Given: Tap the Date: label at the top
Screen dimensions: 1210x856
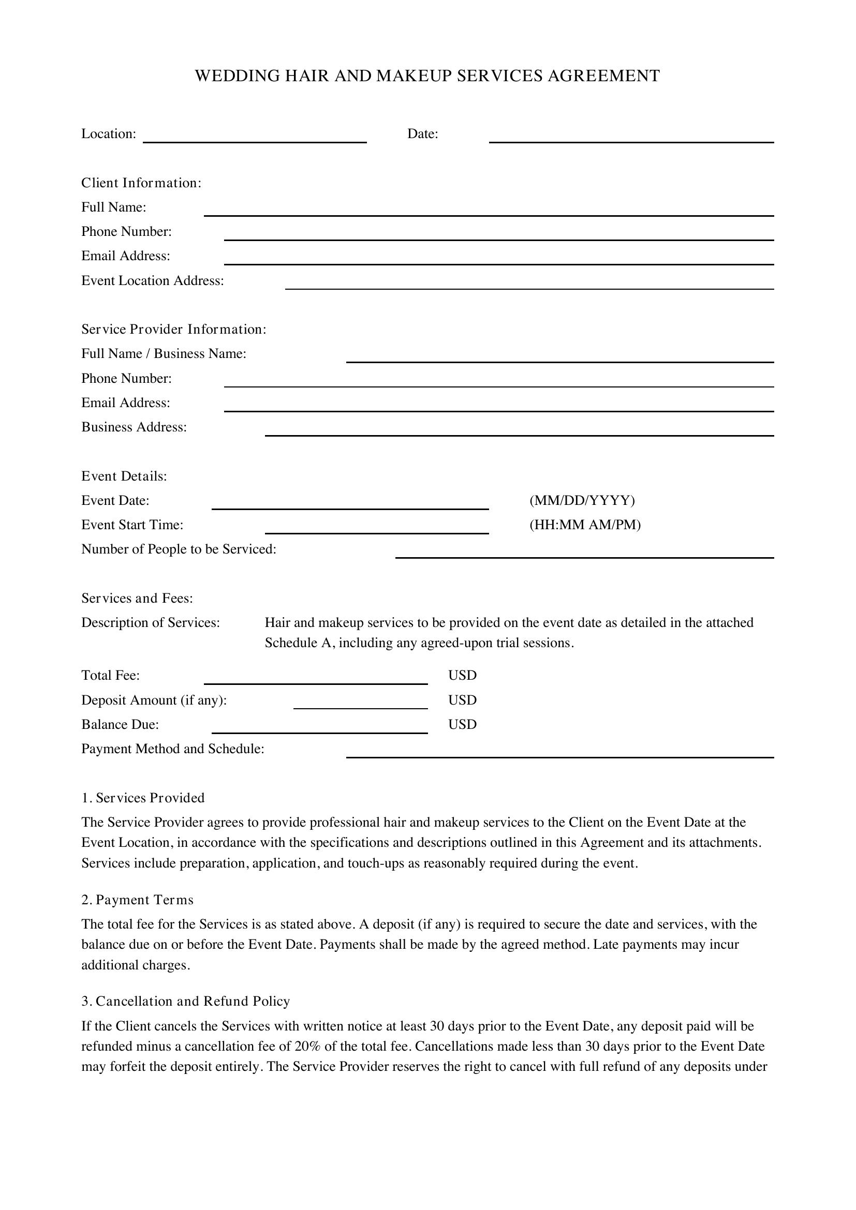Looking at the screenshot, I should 422,134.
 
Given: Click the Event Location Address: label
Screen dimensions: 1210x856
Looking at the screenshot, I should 152,281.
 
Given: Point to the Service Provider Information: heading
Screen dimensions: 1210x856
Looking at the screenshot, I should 174,330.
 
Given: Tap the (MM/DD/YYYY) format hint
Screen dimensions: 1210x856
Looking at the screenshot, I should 582,500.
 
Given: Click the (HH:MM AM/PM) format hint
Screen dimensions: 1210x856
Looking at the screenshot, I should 585,525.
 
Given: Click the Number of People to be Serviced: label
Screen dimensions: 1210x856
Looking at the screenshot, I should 179,550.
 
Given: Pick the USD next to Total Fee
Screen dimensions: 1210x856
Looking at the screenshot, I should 462,676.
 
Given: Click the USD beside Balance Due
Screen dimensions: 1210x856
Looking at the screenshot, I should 462,725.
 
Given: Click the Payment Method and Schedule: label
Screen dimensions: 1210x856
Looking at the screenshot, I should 173,749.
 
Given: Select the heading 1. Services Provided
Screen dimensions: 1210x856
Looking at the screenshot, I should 143,798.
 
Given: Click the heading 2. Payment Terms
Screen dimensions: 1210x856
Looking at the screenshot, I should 138,900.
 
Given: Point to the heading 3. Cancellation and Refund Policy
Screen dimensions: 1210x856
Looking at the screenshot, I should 186,1002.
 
